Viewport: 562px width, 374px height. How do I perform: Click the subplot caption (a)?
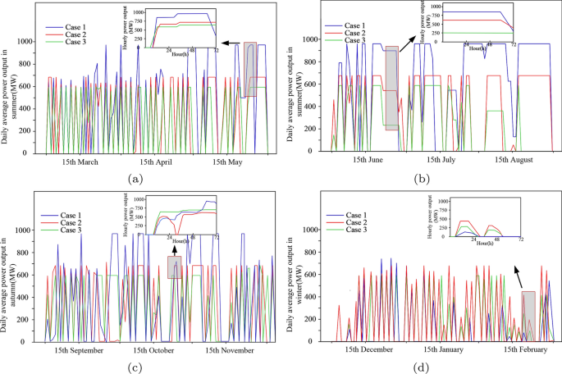(x=136, y=179)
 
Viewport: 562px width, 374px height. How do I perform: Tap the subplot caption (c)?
(x=136, y=367)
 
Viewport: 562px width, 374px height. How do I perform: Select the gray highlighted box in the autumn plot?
(x=174, y=267)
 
